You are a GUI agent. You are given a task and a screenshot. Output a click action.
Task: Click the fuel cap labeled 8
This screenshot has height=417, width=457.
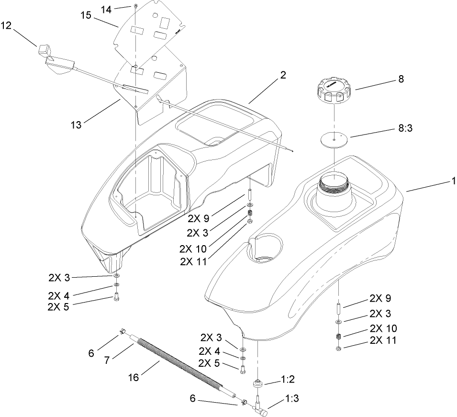[332, 91]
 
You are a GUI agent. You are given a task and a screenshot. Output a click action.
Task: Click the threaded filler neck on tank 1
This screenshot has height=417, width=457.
[333, 184]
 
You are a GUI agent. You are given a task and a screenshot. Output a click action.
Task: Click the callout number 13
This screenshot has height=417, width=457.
[76, 125]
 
